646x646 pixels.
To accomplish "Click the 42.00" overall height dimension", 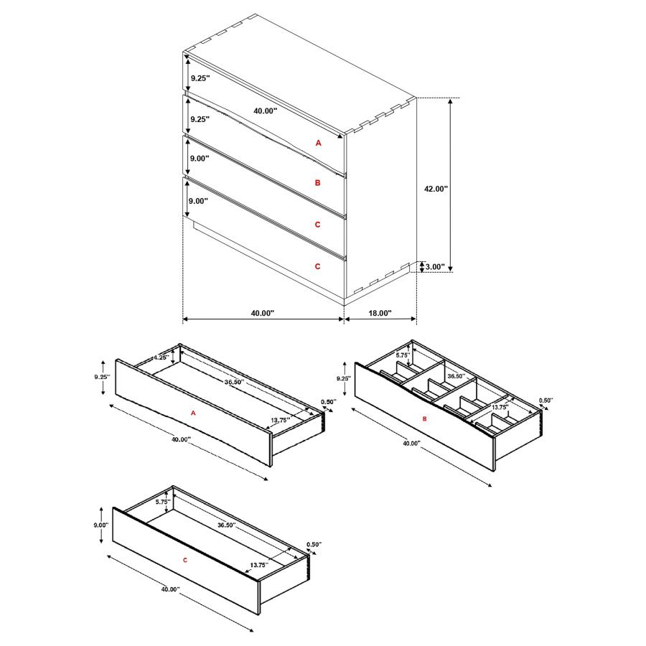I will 436,189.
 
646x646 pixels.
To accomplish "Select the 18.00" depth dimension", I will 380,313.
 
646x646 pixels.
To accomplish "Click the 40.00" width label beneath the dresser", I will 263,313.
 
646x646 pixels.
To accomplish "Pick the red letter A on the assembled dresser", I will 319,143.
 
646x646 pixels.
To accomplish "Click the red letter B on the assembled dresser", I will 318,183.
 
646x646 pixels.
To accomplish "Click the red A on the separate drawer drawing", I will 193,413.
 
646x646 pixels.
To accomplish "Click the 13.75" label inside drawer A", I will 281,419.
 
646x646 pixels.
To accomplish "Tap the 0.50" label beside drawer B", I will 546,401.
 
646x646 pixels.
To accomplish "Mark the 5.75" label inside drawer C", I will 162,502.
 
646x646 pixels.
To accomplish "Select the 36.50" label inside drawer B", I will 457,375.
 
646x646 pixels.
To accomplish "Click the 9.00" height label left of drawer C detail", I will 100,525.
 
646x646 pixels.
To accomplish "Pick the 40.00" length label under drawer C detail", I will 170,589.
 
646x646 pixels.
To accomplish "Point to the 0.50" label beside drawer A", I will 328,401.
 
